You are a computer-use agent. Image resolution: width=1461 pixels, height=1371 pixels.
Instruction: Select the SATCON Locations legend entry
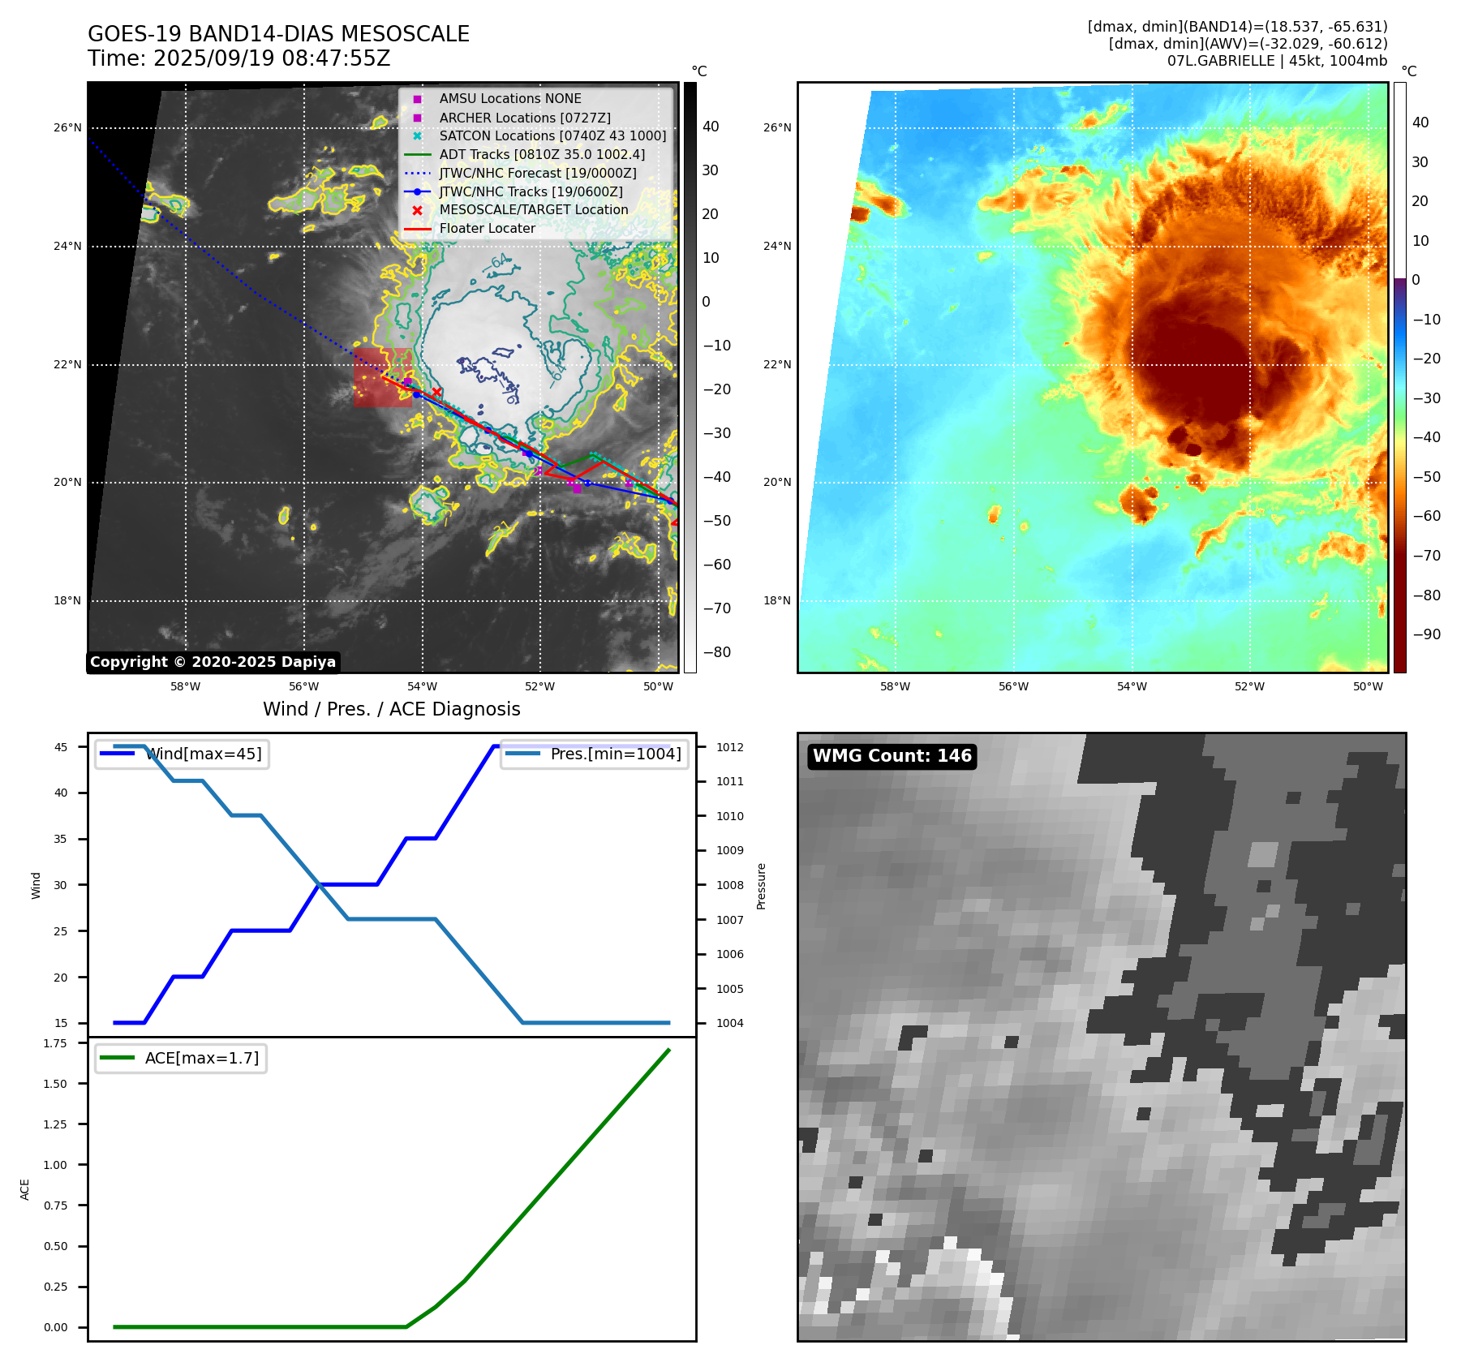(x=552, y=136)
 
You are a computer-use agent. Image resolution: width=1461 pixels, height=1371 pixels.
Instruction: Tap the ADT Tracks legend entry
(x=542, y=154)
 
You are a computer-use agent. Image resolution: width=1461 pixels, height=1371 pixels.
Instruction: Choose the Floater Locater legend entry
(x=487, y=229)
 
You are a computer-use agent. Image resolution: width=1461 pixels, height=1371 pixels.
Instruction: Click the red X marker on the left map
(x=436, y=393)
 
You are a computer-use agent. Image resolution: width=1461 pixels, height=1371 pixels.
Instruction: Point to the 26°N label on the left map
(x=67, y=128)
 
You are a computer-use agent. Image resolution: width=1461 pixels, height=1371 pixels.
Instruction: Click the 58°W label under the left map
(x=185, y=687)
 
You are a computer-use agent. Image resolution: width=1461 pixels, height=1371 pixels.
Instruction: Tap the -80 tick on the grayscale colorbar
(x=716, y=652)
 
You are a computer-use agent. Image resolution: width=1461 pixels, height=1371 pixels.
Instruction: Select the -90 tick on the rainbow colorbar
(x=1426, y=634)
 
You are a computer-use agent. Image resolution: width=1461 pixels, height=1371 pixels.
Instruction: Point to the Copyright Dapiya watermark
(x=213, y=662)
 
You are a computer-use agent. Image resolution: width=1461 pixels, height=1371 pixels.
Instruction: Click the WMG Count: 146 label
(x=892, y=756)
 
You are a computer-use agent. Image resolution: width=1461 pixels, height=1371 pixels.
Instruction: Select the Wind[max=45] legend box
(x=183, y=754)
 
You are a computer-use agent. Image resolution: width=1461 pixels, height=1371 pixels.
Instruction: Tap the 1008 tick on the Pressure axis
(x=729, y=885)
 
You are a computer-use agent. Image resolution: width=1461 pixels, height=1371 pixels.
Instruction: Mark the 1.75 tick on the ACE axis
(x=55, y=1043)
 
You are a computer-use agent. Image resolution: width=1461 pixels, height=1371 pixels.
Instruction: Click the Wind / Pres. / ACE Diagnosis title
(x=391, y=710)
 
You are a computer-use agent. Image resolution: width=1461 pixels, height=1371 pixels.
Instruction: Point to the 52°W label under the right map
(x=1249, y=687)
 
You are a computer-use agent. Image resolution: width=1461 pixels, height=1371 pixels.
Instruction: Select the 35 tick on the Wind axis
(x=61, y=839)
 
